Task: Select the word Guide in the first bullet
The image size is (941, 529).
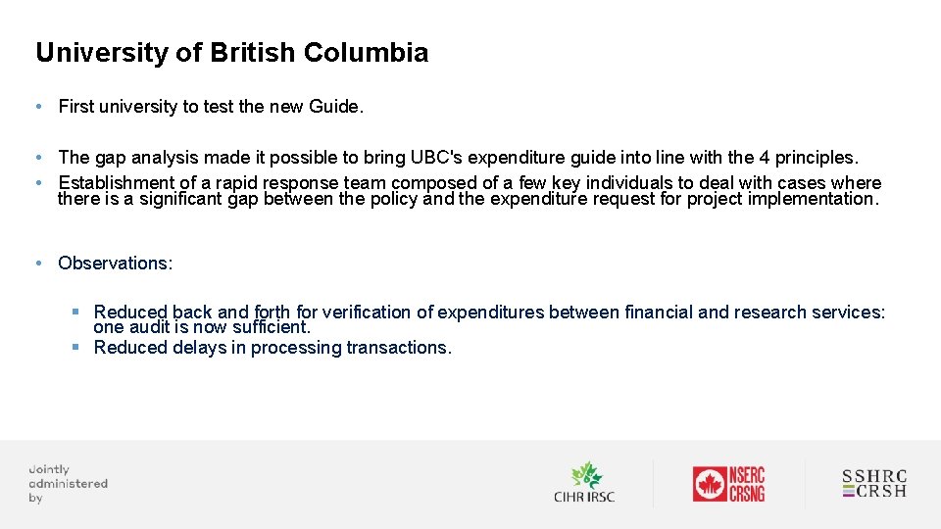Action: pyautogui.click(x=334, y=107)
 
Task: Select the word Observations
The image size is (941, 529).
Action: pyautogui.click(x=115, y=263)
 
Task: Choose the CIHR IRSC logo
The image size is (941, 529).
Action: pyautogui.click(x=584, y=482)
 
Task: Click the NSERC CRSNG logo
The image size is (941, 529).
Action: pyautogui.click(x=728, y=483)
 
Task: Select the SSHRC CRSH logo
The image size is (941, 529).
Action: pyautogui.click(x=874, y=483)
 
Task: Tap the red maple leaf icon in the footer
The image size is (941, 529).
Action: pyautogui.click(x=709, y=484)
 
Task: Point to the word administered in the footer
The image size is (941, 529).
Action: pyautogui.click(x=68, y=483)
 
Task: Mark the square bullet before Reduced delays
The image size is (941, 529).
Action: pyautogui.click(x=75, y=347)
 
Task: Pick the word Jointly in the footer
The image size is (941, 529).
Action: pyautogui.click(x=49, y=469)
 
